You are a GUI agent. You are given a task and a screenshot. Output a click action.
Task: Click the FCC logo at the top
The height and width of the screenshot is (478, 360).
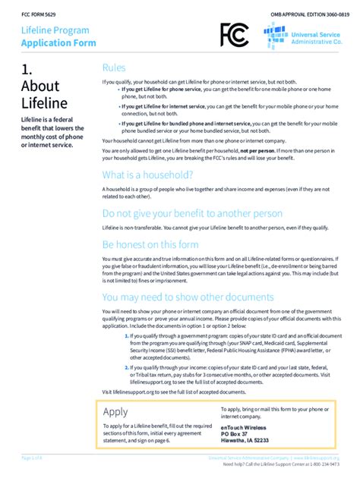pyautogui.click(x=234, y=35)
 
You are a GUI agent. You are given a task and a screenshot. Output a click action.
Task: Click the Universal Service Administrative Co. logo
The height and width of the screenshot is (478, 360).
pyautogui.click(x=305, y=35)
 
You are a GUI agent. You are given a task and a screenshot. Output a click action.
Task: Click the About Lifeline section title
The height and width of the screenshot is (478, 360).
pyautogui.click(x=44, y=94)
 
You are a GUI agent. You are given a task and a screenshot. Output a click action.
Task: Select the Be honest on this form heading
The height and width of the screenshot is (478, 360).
pyautogui.click(x=150, y=244)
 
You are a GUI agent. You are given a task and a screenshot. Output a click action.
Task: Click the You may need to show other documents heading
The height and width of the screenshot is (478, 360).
pyautogui.click(x=188, y=297)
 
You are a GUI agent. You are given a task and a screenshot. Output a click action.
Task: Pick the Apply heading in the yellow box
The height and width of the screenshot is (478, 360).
pyautogui.click(x=115, y=411)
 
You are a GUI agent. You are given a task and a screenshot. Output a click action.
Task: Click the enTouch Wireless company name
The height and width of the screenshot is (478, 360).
pyautogui.click(x=228, y=430)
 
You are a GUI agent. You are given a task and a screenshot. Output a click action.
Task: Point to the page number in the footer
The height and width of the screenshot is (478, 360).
pyautogui.click(x=33, y=459)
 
